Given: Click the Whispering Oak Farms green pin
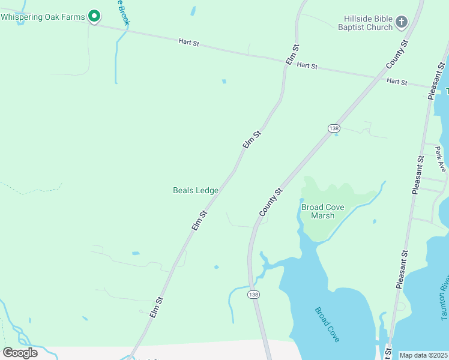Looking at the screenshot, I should (x=94, y=16).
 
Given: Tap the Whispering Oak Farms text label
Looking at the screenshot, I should (x=43, y=17).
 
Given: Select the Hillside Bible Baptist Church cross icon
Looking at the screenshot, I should (x=402, y=23).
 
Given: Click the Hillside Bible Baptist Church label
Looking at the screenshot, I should (x=365, y=23).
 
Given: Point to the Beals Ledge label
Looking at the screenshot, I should (x=196, y=190).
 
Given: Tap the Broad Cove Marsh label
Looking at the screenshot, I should (x=323, y=211).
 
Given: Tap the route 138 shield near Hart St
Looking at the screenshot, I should (x=334, y=128).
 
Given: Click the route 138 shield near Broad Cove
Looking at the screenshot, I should (x=254, y=295).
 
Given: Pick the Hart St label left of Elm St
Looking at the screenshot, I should (x=188, y=42).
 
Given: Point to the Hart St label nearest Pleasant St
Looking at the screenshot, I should (x=397, y=81).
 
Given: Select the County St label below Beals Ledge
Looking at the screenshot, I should (x=271, y=203).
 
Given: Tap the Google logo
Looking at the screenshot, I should (x=20, y=352).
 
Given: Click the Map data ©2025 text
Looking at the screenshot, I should (x=423, y=355).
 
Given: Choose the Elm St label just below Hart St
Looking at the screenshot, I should (x=292, y=55).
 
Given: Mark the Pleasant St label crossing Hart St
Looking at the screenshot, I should (x=436, y=80).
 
